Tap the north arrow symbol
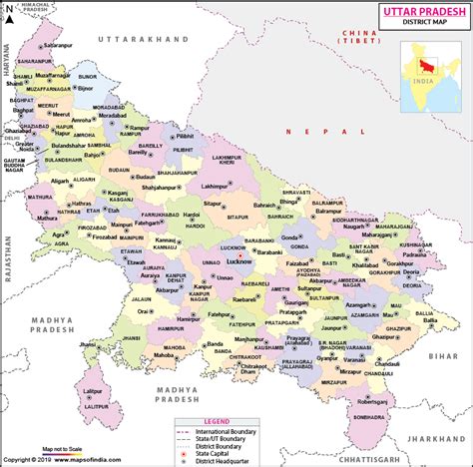point(13,12)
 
